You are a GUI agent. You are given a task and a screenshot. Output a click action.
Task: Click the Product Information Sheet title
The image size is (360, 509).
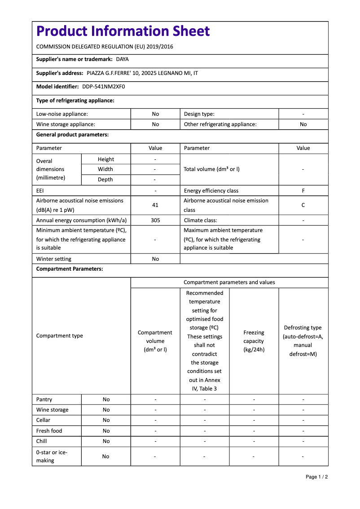pyautogui.click(x=123, y=31)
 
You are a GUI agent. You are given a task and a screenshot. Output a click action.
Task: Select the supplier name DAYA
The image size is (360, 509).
pyautogui.click(x=122, y=59)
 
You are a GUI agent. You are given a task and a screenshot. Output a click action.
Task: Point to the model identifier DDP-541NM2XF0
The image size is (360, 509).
pyautogui.click(x=103, y=87)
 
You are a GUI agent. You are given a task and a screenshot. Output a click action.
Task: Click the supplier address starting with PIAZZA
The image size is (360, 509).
pyautogui.click(x=142, y=73)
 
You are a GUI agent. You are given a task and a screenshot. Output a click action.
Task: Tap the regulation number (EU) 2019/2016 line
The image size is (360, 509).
pyautogui.click(x=105, y=47)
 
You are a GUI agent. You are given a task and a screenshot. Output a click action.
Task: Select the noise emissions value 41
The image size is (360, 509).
pyautogui.click(x=155, y=205)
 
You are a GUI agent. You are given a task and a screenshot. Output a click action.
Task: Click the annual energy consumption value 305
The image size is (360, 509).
pyautogui.click(x=155, y=220)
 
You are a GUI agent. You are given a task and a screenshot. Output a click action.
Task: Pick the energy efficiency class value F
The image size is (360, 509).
pyautogui.click(x=303, y=191)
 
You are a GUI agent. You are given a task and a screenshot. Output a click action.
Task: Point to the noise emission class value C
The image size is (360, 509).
pyautogui.click(x=303, y=205)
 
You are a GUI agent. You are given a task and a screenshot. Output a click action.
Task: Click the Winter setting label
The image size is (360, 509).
pyautogui.click(x=54, y=259)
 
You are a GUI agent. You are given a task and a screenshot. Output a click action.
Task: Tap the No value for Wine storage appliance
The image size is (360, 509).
pyautogui.click(x=155, y=124)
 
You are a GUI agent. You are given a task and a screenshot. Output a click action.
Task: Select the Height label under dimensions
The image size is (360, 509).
pyautogui.click(x=106, y=159)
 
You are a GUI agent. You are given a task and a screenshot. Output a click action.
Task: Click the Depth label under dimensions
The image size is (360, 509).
pyautogui.click(x=106, y=180)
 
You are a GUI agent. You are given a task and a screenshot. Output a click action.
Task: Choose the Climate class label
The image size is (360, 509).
pyautogui.click(x=201, y=220)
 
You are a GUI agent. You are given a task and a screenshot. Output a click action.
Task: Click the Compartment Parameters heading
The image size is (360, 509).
pyautogui.click(x=70, y=269)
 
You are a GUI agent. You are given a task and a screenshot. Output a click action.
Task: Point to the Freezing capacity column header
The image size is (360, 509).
pyautogui.click(x=254, y=341)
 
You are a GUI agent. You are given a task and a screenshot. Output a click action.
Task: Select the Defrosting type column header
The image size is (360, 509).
pyautogui.click(x=303, y=341)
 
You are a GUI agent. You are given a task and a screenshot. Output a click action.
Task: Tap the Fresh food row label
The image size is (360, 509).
pyautogui.click(x=49, y=431)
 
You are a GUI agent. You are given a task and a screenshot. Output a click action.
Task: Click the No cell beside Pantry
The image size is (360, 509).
pyautogui.click(x=106, y=399)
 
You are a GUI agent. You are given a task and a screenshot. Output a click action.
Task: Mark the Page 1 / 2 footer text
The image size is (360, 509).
pyautogui.click(x=316, y=477)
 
